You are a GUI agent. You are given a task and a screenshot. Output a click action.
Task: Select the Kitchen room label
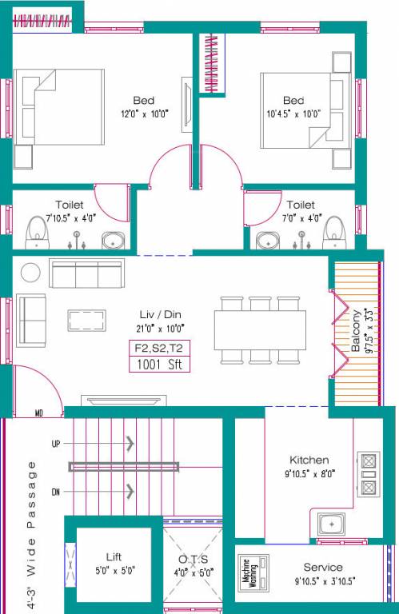click(x=309, y=460)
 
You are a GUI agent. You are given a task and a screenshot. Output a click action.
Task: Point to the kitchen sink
click(x=331, y=524)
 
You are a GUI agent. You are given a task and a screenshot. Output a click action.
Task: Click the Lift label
click(x=114, y=556)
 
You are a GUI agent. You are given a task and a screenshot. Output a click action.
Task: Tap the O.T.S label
click(x=193, y=558)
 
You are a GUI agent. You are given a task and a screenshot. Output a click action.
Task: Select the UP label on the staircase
click(x=55, y=443)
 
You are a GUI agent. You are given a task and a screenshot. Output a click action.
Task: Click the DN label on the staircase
click(x=55, y=491)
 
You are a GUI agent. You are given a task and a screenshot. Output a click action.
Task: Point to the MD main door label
click(x=38, y=413)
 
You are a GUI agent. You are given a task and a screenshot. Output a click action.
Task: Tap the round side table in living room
click(x=30, y=273)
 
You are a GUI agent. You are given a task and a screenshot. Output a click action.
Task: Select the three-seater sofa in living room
click(x=86, y=273)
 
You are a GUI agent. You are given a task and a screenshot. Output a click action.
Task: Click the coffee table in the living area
click(x=87, y=321)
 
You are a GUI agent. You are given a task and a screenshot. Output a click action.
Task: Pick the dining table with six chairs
click(x=260, y=329)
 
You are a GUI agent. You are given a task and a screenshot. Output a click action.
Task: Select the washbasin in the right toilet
click(x=266, y=239)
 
